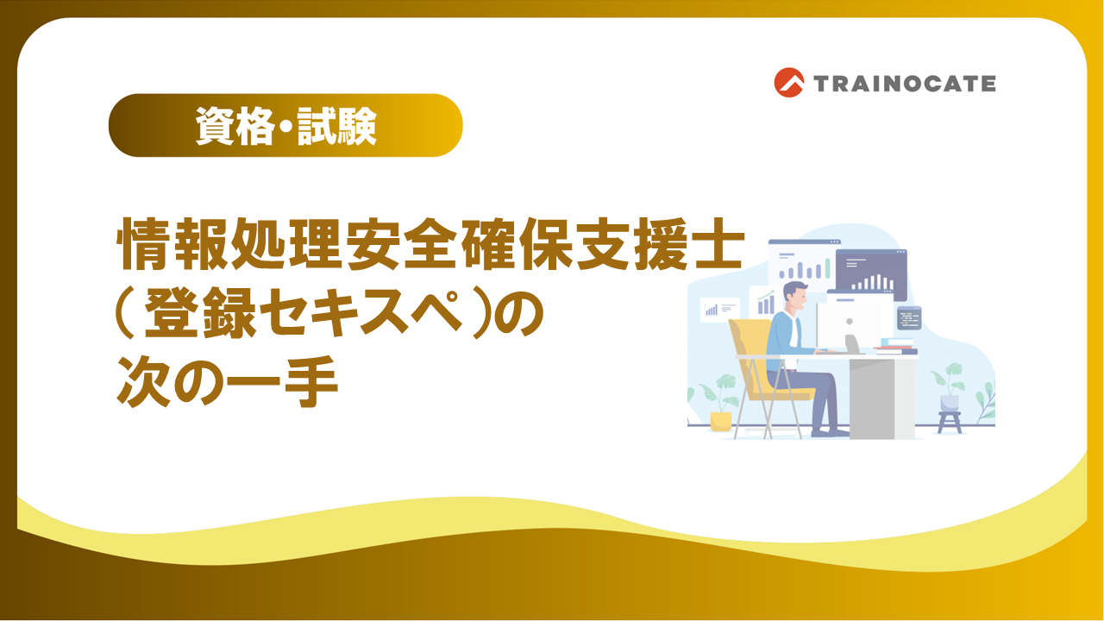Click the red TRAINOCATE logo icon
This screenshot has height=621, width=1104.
788,83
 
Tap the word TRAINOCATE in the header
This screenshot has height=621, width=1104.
904,84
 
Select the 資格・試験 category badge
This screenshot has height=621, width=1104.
285,126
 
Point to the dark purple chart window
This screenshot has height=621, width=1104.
871,274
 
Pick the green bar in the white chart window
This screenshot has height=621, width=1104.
825,268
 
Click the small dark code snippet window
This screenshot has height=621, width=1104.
908,317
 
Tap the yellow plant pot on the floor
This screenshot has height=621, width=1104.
720,420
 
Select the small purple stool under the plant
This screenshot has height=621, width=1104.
949,421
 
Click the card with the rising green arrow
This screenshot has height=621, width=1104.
763,303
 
